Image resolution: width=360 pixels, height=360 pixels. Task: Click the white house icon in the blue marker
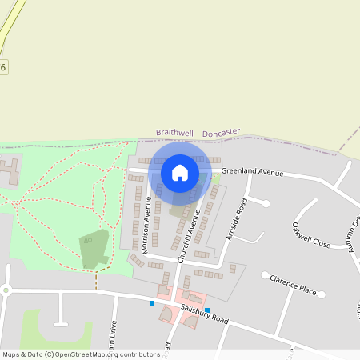pos(180,172)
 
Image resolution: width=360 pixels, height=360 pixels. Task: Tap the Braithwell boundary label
pos(174,133)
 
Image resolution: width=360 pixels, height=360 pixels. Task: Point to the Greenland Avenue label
pos(253,171)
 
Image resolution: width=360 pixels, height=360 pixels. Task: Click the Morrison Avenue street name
pos(146,228)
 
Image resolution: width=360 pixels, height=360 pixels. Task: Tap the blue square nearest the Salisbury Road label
pos(207,310)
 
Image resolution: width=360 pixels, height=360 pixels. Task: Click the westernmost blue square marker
pos(152,303)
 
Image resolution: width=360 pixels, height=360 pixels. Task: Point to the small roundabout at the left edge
pos(6,290)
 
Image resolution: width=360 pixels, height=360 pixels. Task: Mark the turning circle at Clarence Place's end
pos(266,275)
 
